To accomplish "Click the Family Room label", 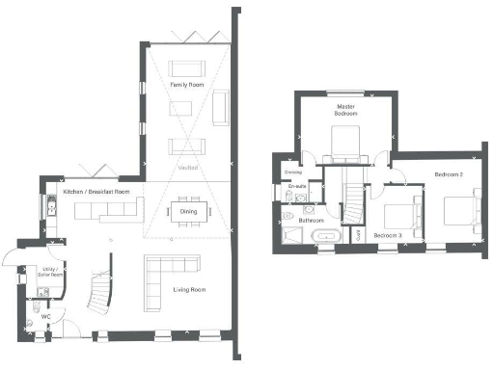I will (x=186, y=86).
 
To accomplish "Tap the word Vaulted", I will (x=187, y=168).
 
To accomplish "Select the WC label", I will (x=45, y=315).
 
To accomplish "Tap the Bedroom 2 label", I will (x=449, y=174).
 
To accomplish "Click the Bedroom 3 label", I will (x=388, y=236).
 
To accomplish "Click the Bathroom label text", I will (x=311, y=221).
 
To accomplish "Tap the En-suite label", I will (x=298, y=186).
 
